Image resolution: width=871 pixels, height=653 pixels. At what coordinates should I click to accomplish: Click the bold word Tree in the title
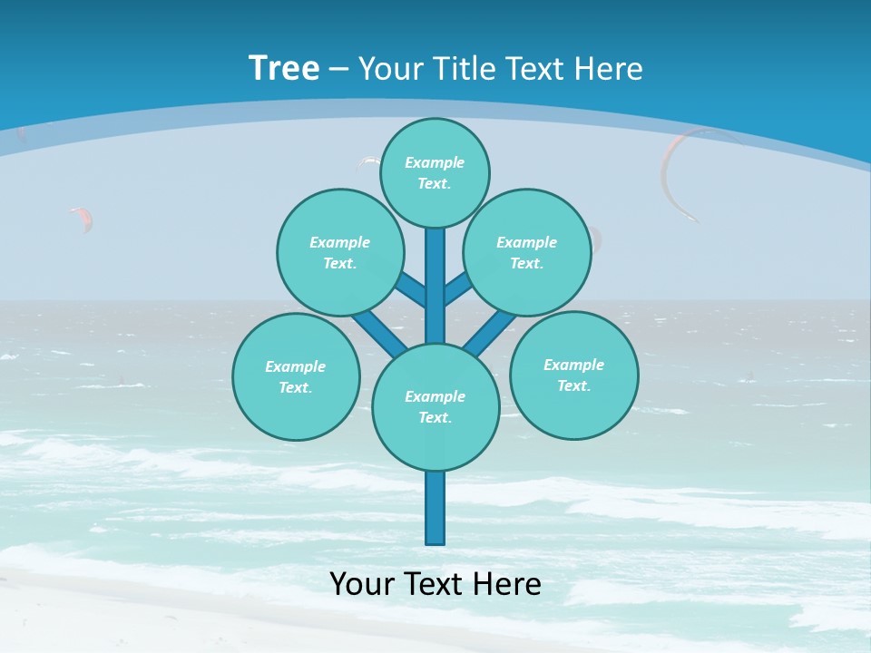pos(284,69)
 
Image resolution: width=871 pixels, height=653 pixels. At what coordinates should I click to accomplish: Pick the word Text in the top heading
pos(539,69)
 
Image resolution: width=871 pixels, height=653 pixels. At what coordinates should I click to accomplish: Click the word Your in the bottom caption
pos(361,584)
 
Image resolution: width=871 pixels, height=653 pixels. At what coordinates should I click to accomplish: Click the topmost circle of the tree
pos(435,172)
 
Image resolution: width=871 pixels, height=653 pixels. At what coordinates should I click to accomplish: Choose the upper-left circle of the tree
pos(340,252)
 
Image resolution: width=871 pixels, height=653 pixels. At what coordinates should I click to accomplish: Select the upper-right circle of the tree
pos(527,252)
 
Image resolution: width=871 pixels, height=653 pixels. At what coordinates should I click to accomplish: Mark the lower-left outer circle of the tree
pos(296,376)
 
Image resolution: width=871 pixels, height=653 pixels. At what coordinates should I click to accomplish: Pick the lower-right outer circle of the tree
pos(573,375)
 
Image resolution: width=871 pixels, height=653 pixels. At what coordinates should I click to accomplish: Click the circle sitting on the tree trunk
pos(435,406)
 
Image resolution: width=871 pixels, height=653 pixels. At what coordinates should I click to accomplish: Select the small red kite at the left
pos(82,218)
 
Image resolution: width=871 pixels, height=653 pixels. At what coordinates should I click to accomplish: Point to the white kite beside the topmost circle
pos(367,161)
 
